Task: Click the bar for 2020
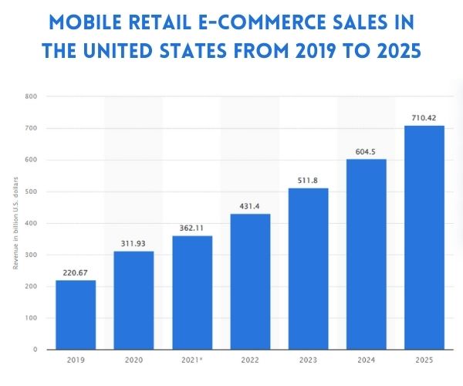click(x=133, y=300)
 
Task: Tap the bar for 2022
click(x=250, y=282)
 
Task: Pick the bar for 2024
click(x=366, y=254)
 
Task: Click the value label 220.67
click(x=76, y=271)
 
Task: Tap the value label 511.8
click(x=308, y=180)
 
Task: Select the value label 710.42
click(x=424, y=117)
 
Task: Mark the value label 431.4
click(x=250, y=205)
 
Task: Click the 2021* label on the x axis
click(x=192, y=360)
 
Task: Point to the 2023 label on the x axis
click(x=308, y=360)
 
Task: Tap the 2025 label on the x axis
click(x=424, y=360)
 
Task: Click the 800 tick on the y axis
click(x=31, y=97)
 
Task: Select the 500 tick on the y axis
click(x=31, y=191)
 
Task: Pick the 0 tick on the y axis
click(x=35, y=350)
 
